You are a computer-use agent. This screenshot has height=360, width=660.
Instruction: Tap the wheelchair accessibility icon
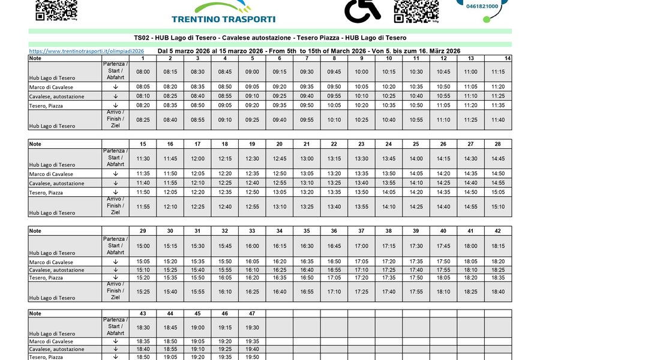coord(362,10)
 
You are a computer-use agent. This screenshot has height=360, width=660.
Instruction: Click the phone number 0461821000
coord(481,6)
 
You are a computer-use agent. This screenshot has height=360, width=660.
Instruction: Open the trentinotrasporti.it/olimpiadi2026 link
coord(86,52)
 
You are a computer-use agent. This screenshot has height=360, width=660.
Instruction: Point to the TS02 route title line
coord(270,37)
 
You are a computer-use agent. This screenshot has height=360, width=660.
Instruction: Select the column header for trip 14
coord(508,58)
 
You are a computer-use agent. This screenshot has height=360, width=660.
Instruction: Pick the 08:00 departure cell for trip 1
coord(143,71)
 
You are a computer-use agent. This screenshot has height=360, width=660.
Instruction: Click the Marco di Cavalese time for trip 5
coord(252,86)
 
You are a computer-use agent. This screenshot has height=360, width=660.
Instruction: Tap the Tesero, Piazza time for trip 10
coord(389,105)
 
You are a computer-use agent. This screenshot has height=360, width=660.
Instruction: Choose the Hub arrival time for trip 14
coord(498,119)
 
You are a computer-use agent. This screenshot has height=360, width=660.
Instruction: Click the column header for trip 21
coord(307,144)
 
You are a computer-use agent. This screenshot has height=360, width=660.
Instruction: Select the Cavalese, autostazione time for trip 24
coord(389,182)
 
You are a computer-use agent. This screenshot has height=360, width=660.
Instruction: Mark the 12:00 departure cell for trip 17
coord(197,158)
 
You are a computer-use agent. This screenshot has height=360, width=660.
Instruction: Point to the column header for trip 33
coord(252,230)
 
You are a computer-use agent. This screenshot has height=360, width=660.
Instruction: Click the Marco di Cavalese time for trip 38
coord(389,261)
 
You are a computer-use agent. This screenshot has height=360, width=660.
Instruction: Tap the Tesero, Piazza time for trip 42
coord(498,277)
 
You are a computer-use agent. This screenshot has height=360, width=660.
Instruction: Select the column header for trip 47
coord(252,313)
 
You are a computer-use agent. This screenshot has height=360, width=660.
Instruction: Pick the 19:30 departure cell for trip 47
coord(252,328)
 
